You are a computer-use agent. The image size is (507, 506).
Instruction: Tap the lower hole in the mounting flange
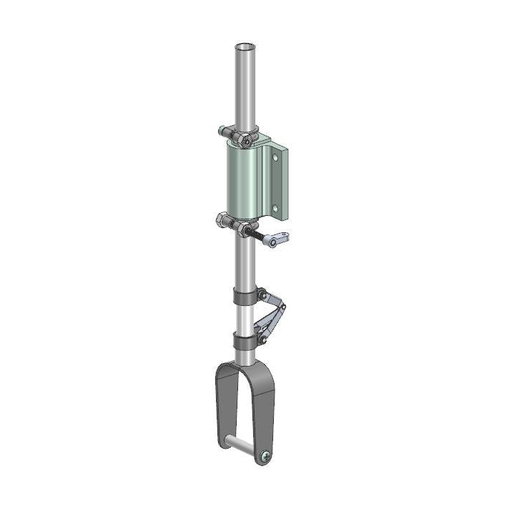click(x=275, y=208)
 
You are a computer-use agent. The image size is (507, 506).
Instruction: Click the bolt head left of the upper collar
click(x=222, y=131)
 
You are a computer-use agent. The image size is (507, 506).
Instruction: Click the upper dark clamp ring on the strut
click(x=244, y=295)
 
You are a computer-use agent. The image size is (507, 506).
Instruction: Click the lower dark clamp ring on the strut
click(x=244, y=342)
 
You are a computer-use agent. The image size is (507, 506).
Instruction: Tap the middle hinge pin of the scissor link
click(x=282, y=308)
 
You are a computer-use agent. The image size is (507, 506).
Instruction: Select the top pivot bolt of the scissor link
click(x=262, y=294)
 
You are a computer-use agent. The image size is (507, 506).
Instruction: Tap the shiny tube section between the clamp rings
click(x=244, y=318)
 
